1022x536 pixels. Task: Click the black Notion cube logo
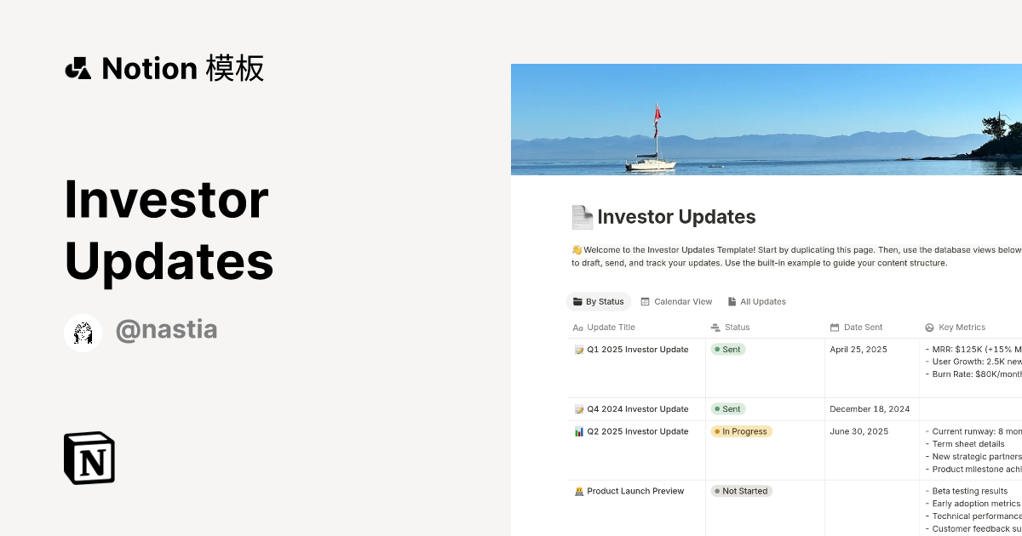tap(89, 458)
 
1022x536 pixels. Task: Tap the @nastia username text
tap(166, 330)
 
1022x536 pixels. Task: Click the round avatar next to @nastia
tap(83, 333)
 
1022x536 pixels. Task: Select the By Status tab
tap(599, 302)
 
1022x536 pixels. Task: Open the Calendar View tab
tap(676, 302)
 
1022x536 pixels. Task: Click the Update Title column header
tap(611, 328)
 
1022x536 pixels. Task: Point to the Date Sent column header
tap(863, 328)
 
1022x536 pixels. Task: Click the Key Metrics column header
tap(962, 328)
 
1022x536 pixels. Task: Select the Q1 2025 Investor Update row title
tap(637, 350)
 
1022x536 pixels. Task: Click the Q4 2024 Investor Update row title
tap(637, 409)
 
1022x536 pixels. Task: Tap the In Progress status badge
tap(742, 431)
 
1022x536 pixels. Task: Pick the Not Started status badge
tap(742, 491)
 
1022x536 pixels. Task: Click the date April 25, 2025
tap(858, 350)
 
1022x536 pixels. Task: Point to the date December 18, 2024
tap(870, 409)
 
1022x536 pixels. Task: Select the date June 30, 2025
tap(858, 431)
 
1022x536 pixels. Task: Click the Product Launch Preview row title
tap(635, 491)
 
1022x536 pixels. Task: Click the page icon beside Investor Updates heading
tap(583, 218)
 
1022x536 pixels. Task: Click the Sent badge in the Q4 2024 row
tap(728, 409)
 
